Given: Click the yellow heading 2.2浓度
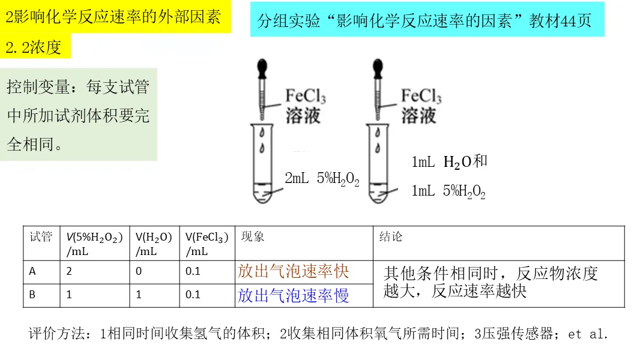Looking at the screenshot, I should pos(35,47).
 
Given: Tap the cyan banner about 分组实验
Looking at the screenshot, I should pos(426,21).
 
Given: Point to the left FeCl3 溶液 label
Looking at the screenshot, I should pos(305,106).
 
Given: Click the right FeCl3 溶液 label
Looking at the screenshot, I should pos(421,106).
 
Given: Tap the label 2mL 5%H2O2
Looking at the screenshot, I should pos(322,179).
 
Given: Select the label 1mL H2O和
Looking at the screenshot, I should pos(449,161).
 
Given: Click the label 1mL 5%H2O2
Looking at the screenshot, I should pos(448,191).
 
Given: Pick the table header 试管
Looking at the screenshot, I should pos(41,237).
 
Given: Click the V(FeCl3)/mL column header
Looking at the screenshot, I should pos(207,244).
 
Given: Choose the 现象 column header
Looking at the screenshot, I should pos(252,237).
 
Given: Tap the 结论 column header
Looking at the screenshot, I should pos(391,237).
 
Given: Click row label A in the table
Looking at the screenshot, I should pos(32,271).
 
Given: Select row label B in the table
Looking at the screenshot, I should pos(32,295).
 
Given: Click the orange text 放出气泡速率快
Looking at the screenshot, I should pos(293,272).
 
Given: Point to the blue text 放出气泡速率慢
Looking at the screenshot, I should pos(293,295).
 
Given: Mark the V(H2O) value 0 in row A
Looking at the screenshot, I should pos(139,271).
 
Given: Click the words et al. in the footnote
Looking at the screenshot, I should pos(588,334).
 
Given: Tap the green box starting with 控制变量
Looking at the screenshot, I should pos(79,115).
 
